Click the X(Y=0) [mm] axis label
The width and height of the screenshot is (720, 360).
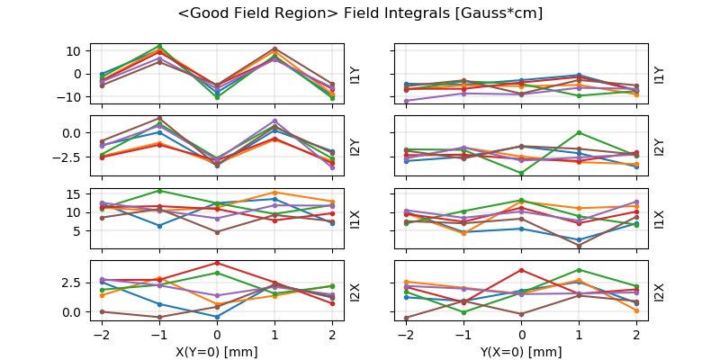click(x=217, y=352)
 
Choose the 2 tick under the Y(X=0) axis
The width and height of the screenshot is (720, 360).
click(x=637, y=335)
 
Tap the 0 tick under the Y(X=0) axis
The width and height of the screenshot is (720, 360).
click(x=522, y=335)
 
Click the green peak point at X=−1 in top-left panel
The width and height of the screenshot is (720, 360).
click(x=159, y=46)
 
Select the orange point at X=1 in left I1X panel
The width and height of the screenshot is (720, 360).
click(x=275, y=193)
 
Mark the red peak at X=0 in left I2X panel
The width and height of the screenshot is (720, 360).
click(x=217, y=263)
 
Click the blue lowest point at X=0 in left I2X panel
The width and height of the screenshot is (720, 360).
click(x=217, y=317)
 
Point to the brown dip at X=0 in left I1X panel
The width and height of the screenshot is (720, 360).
click(x=217, y=232)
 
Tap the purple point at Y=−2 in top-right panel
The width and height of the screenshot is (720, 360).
click(x=407, y=101)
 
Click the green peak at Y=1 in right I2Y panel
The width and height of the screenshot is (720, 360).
click(x=580, y=132)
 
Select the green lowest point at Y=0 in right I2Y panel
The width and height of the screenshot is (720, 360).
click(x=522, y=173)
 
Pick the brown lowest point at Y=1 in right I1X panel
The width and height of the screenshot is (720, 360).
click(x=580, y=246)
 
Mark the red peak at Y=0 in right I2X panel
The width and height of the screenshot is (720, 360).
click(x=522, y=270)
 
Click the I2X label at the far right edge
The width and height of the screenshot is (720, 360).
click(x=659, y=292)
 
